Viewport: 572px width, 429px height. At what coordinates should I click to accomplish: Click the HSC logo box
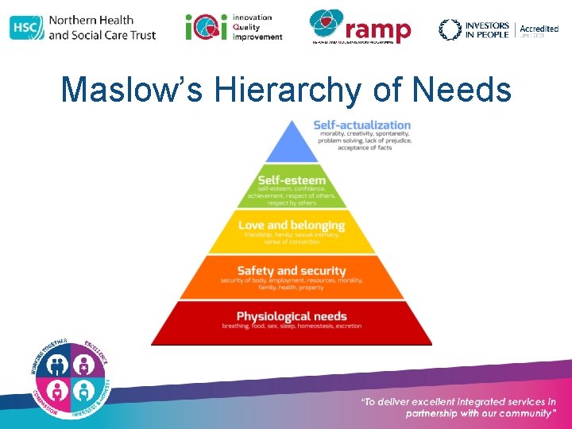pyautogui.click(x=26, y=28)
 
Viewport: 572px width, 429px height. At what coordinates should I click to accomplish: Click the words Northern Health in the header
pyautogui.click(x=91, y=20)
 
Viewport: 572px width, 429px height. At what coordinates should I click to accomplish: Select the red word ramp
pyautogui.click(x=379, y=30)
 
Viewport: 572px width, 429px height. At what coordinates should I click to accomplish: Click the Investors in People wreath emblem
pyautogui.click(x=450, y=29)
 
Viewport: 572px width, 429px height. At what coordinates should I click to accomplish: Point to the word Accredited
pyautogui.click(x=539, y=29)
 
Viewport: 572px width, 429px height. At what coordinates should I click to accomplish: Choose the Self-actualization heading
pyautogui.click(x=361, y=125)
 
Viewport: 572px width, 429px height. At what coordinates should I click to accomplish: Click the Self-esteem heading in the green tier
pyautogui.click(x=292, y=180)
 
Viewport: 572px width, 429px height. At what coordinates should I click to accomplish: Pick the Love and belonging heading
pyautogui.click(x=292, y=226)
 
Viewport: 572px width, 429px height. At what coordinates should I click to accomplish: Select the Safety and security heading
pyautogui.click(x=292, y=271)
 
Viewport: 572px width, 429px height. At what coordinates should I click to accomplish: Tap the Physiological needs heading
pyautogui.click(x=292, y=316)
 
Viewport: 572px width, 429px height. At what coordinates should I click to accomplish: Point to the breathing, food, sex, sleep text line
pyautogui.click(x=292, y=327)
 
